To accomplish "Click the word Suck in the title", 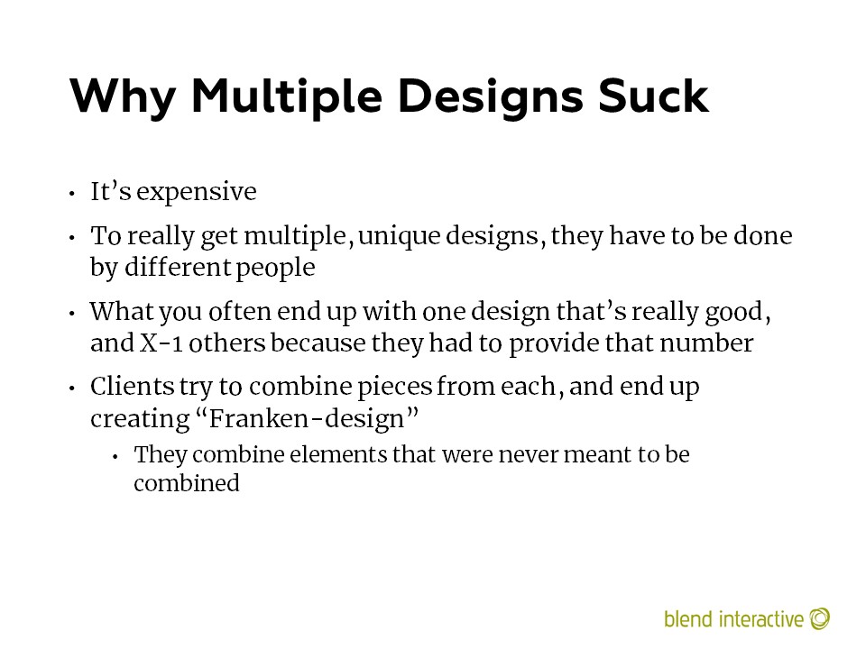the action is click(653, 96).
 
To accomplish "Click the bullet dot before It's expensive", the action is click(72, 194).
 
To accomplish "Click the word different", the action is click(178, 267).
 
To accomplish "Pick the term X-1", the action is click(161, 343).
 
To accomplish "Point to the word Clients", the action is click(132, 386).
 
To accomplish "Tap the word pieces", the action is click(395, 388).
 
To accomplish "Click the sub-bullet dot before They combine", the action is click(115, 457).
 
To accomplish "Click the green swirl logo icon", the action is click(820, 618).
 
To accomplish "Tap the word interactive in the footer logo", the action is click(761, 618).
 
